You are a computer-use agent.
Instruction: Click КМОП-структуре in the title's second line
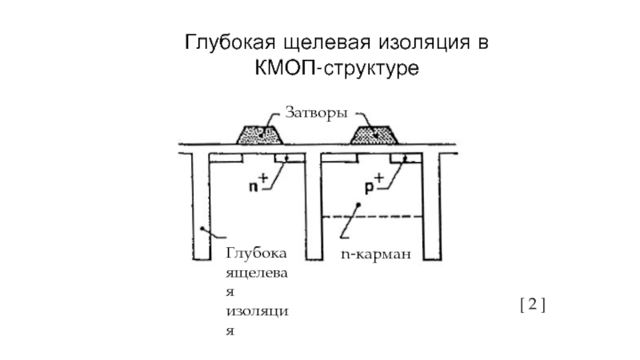(x=337, y=70)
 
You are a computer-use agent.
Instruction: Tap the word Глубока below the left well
(x=256, y=254)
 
